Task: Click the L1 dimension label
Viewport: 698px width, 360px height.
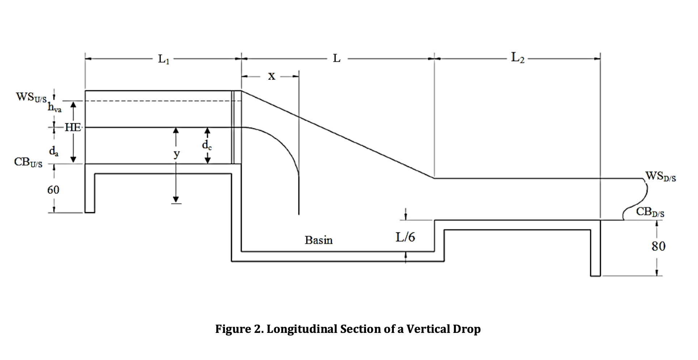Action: click(x=163, y=59)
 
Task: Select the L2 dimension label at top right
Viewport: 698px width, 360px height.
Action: click(x=518, y=58)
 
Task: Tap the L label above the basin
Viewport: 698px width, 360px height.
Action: click(x=336, y=59)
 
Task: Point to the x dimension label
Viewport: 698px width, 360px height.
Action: click(x=271, y=76)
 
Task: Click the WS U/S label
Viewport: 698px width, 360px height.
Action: click(x=31, y=97)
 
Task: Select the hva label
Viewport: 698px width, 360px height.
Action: click(x=55, y=107)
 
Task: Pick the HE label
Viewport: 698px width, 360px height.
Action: click(x=73, y=127)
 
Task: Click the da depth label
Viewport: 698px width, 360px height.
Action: click(x=54, y=151)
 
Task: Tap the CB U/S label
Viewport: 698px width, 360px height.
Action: click(x=28, y=162)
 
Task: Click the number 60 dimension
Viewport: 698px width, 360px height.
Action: click(x=53, y=190)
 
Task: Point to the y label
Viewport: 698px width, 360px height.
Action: click(x=176, y=154)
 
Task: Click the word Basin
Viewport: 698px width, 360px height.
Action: click(x=318, y=240)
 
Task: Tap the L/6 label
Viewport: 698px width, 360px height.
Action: click(x=405, y=237)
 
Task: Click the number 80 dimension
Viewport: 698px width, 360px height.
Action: click(x=658, y=247)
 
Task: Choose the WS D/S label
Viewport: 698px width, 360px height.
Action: click(x=660, y=176)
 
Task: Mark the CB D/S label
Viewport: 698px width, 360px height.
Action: click(x=650, y=212)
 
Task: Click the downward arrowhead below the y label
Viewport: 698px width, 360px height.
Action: click(x=176, y=199)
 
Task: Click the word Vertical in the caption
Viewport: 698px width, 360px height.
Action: click(x=428, y=329)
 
